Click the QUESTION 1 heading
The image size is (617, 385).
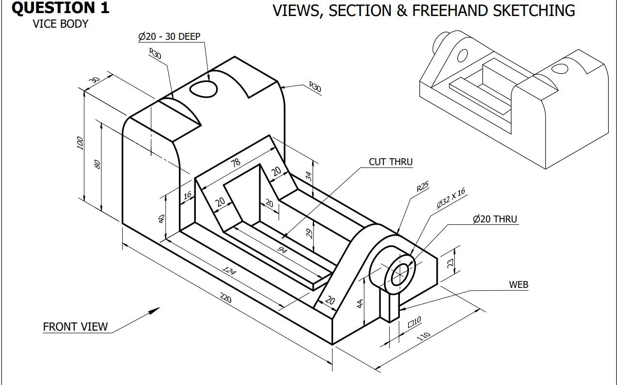point(60,8)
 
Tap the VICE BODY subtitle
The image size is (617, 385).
point(61,24)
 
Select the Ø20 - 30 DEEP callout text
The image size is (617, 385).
point(169,36)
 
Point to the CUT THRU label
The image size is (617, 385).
point(391,162)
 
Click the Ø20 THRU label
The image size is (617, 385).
point(495,219)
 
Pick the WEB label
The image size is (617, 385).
point(518,285)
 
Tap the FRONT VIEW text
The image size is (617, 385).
point(76,327)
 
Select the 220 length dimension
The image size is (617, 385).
point(226,298)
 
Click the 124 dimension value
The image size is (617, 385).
point(229,270)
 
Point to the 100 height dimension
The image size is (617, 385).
point(80,143)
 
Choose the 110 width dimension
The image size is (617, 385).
point(424,336)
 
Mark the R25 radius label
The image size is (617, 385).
point(423,187)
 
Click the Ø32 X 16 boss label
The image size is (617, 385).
point(451,198)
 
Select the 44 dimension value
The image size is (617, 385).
point(360,304)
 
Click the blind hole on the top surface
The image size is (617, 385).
point(203,88)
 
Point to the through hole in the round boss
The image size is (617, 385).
point(400,274)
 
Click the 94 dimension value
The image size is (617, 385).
point(282,250)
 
